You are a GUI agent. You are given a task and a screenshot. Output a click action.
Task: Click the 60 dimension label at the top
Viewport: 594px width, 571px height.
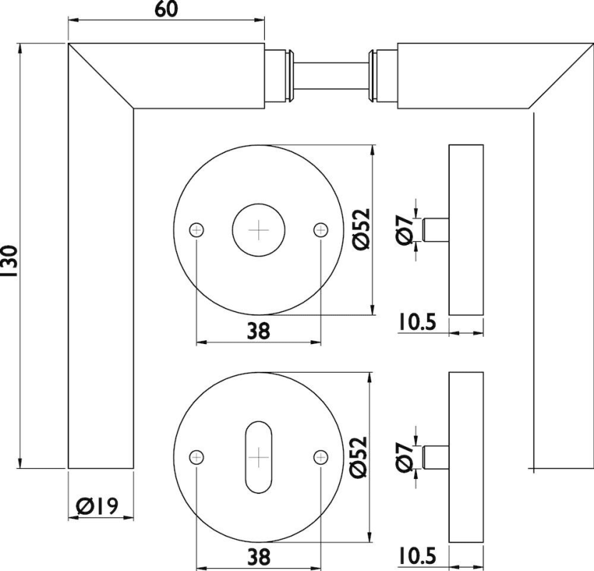pyautogui.click(x=166, y=9)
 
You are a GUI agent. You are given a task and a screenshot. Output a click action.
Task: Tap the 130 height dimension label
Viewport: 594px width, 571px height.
pyautogui.click(x=9, y=261)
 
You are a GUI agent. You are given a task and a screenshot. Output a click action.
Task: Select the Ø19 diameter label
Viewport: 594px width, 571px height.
pyautogui.click(x=97, y=506)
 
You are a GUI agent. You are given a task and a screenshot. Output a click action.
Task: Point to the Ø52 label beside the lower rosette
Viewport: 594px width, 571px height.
pyautogui.click(x=358, y=457)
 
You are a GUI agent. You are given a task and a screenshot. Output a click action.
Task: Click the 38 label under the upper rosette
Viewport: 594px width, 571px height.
pyautogui.click(x=258, y=330)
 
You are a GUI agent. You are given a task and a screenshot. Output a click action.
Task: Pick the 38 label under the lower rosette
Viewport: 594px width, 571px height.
pyautogui.click(x=259, y=557)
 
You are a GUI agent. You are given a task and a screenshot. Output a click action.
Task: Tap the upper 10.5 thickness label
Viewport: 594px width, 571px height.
pyautogui.click(x=417, y=322)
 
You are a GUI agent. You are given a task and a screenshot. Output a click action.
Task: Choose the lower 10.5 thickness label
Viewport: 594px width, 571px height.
pyautogui.click(x=417, y=556)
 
